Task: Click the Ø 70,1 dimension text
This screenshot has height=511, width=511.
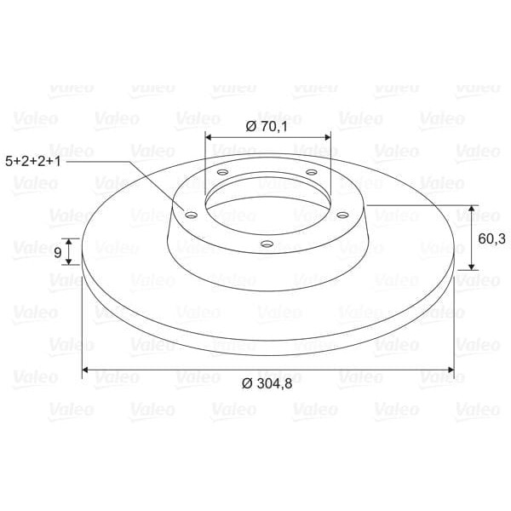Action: [x=267, y=126]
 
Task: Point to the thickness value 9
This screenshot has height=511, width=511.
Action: [x=57, y=252]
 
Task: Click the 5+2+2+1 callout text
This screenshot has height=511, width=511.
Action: [x=34, y=159]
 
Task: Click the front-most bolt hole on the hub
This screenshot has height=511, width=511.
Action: [x=267, y=244]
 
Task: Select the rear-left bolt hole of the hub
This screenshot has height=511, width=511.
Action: [x=223, y=173]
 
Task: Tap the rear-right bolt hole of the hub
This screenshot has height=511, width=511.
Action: [x=311, y=173]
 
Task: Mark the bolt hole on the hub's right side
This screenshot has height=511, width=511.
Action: [x=342, y=215]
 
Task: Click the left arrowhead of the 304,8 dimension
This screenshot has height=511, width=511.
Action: [x=86, y=370]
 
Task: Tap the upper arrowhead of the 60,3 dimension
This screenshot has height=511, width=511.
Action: [x=474, y=209]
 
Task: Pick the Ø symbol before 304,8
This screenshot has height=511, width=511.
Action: [x=248, y=384]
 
